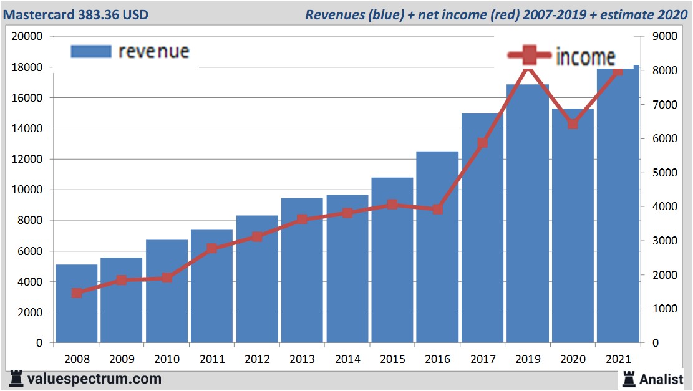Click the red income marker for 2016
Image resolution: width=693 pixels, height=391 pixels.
pyautogui.click(x=437, y=210)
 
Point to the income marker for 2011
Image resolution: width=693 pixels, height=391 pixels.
pyautogui.click(x=212, y=248)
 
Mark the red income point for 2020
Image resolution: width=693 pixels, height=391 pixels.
pyautogui.click(x=573, y=124)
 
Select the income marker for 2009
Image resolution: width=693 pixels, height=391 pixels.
pyautogui.click(x=122, y=280)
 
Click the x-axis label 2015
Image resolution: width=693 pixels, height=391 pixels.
pyautogui.click(x=392, y=359)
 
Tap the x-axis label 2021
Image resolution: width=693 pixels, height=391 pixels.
pyautogui.click(x=618, y=359)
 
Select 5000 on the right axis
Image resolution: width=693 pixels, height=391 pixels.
pyautogui.click(x=664, y=173)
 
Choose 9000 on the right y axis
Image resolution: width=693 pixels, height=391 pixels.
pyautogui.click(x=664, y=36)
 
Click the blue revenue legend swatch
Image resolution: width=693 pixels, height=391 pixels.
pyautogui.click(x=91, y=51)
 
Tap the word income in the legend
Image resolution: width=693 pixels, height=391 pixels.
pyautogui.click(x=584, y=57)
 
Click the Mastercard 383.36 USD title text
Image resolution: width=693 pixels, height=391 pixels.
pyautogui.click(x=79, y=14)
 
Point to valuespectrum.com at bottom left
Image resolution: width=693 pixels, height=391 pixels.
pyautogui.click(x=94, y=379)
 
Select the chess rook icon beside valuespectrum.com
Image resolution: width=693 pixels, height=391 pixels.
pyautogui.click(x=16, y=378)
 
